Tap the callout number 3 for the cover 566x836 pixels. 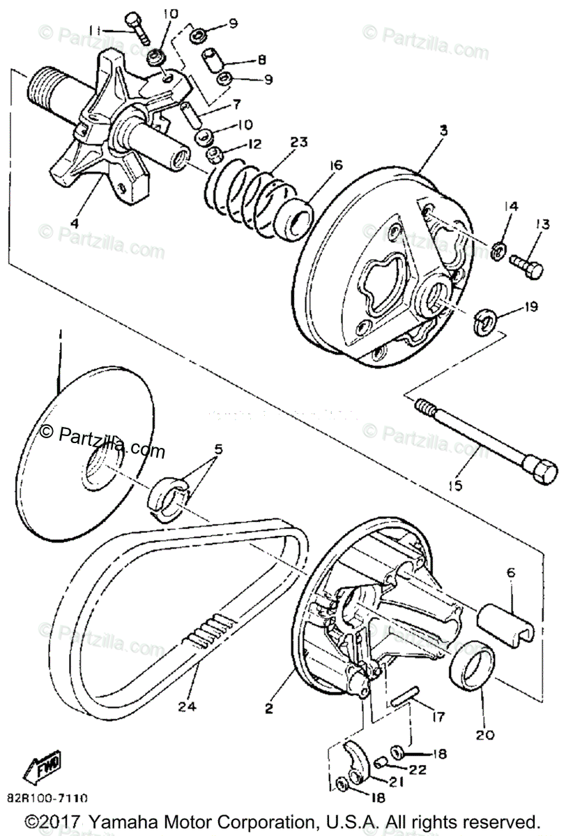tap(443, 130)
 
